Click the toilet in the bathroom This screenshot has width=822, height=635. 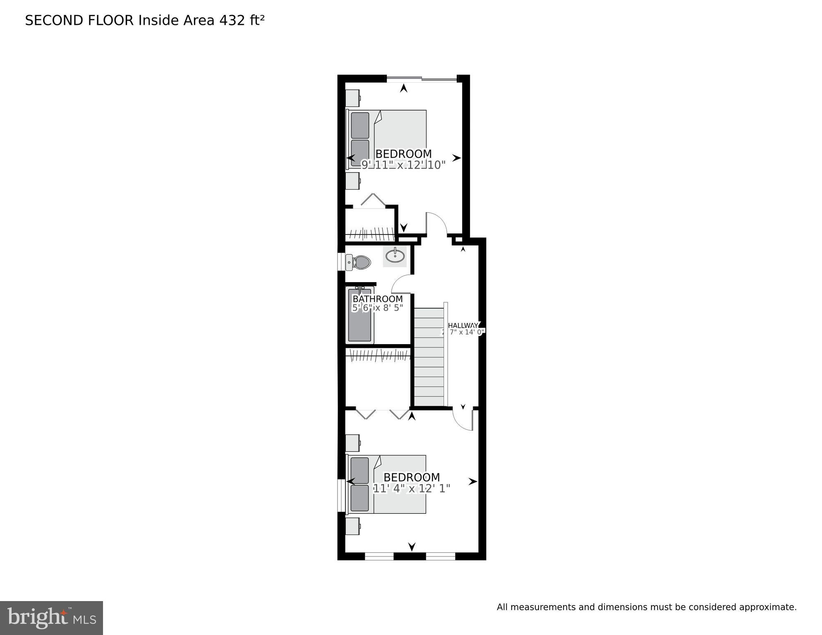359,262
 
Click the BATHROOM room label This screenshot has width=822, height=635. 377,299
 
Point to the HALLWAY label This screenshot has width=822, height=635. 463,325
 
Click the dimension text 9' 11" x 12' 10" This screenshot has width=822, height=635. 403,165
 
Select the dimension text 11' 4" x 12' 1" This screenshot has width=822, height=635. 411,489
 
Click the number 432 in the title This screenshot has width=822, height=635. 232,20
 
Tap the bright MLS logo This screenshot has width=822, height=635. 51,618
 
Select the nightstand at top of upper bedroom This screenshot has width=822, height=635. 352,98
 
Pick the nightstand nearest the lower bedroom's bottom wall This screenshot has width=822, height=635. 352,526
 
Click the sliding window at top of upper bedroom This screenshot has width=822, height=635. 422,79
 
